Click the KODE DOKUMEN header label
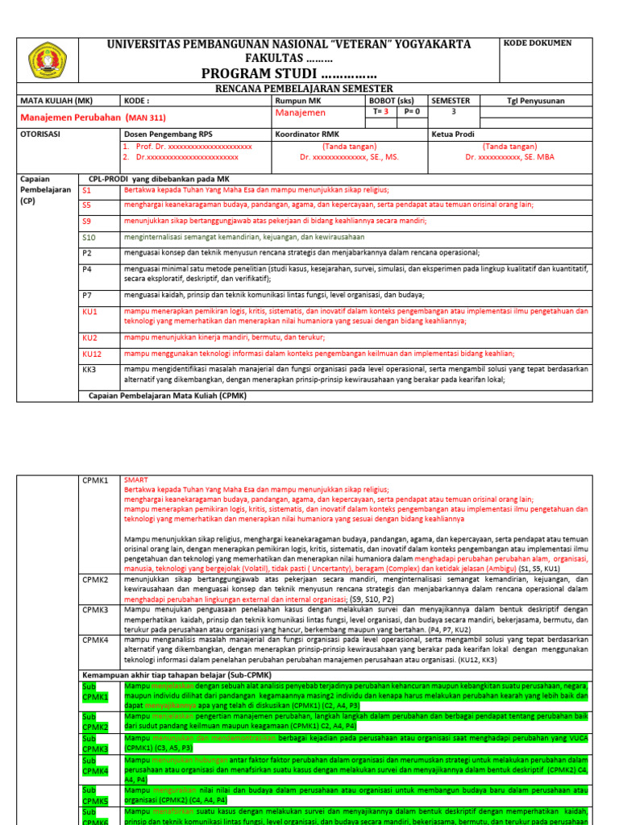(x=538, y=43)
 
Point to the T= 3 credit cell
(x=381, y=113)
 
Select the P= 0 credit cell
(x=412, y=113)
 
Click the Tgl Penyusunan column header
(x=536, y=101)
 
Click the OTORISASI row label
(x=41, y=135)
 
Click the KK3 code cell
(x=89, y=370)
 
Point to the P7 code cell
(x=87, y=295)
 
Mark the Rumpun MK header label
(x=297, y=101)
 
